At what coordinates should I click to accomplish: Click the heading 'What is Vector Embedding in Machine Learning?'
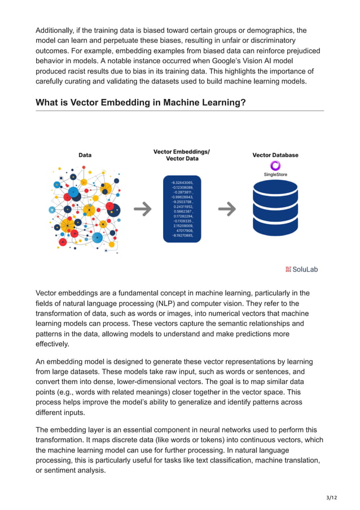(141, 102)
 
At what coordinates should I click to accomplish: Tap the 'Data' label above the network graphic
(85, 155)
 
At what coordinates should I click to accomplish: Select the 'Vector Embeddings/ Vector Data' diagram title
(181, 155)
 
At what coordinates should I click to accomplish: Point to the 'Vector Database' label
(275, 155)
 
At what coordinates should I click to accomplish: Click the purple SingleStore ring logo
(275, 165)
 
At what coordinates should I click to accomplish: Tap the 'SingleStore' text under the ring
(275, 175)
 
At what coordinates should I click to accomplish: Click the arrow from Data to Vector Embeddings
(142, 209)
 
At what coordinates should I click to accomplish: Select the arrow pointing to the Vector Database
(227, 209)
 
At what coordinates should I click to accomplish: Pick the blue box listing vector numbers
(182, 209)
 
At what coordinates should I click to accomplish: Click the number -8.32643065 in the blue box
(182, 183)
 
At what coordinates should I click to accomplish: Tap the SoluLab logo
(301, 269)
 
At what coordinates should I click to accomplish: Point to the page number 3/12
(332, 497)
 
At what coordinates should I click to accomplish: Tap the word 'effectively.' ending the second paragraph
(52, 344)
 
